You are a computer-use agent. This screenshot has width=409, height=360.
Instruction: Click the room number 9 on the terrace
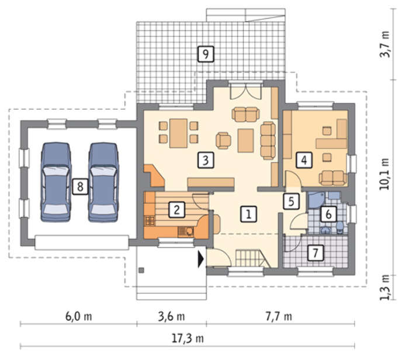click(x=206, y=54)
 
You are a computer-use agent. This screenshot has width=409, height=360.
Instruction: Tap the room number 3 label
click(x=206, y=160)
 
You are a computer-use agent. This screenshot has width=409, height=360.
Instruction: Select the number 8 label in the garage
click(x=80, y=186)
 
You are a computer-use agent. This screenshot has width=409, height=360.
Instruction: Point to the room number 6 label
click(x=328, y=214)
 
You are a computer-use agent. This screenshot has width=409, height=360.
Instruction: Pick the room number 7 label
click(x=316, y=253)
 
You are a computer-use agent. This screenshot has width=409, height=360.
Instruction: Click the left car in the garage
click(x=56, y=182)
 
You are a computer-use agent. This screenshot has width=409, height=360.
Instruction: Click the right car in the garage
click(x=103, y=182)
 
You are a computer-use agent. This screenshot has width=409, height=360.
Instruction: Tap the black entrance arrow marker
click(x=200, y=259)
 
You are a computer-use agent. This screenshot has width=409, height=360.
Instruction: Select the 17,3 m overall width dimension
click(x=188, y=338)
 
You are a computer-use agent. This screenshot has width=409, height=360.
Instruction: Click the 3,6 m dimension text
click(x=171, y=317)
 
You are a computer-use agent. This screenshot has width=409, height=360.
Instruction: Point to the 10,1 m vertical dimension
click(x=384, y=174)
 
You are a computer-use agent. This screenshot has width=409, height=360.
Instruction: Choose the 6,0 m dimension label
click(x=78, y=317)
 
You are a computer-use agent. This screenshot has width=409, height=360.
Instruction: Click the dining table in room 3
click(x=178, y=133)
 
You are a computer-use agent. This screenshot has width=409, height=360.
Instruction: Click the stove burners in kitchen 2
click(x=150, y=221)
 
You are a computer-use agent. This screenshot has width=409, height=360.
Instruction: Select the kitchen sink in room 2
click(x=186, y=231)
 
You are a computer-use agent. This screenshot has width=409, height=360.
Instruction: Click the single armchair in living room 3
click(x=223, y=141)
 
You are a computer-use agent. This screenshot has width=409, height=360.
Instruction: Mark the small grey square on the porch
click(x=141, y=270)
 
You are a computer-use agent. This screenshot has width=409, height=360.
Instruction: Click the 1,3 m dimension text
click(x=384, y=287)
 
